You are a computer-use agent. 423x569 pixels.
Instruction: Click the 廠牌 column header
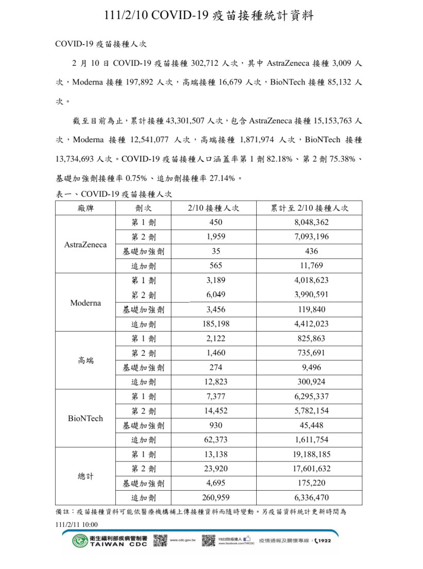[85, 208]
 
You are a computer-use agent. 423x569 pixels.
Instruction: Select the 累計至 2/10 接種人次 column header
[310, 208]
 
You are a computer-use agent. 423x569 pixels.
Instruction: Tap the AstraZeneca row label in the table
[85, 245]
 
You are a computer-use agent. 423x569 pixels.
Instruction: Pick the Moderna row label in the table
[85, 303]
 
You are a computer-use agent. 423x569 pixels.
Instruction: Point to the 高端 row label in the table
[85, 360]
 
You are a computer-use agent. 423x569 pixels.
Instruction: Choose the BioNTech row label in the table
[85, 418]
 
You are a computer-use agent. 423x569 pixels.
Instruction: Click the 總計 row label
[85, 476]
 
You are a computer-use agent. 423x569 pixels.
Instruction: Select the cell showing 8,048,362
[310, 222]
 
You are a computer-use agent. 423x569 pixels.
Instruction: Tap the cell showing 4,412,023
[310, 324]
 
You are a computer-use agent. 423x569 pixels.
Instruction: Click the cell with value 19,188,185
[310, 455]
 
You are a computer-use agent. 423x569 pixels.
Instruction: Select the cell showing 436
[310, 251]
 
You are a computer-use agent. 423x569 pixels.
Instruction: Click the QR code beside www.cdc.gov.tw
[160, 541]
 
